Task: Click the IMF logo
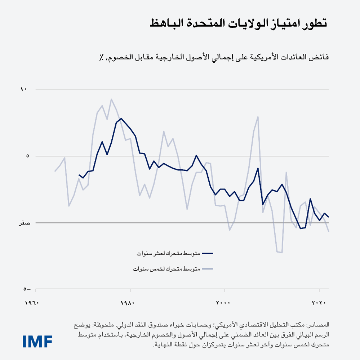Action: coord(37,341)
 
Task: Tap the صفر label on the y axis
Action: coord(25,223)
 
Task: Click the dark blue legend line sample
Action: coord(207,253)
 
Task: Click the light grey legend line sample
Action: coord(207,269)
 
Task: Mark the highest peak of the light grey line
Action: coord(111,99)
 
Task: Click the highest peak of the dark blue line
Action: coord(121,118)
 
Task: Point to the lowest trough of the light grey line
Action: coord(282,253)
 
